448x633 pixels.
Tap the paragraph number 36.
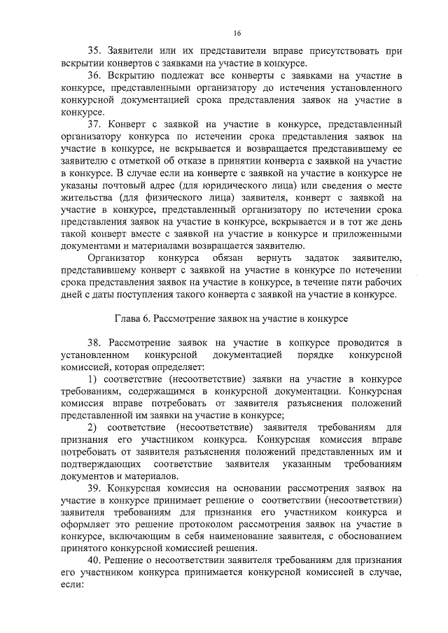click(x=95, y=76)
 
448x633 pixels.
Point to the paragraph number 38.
click(x=95, y=342)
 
